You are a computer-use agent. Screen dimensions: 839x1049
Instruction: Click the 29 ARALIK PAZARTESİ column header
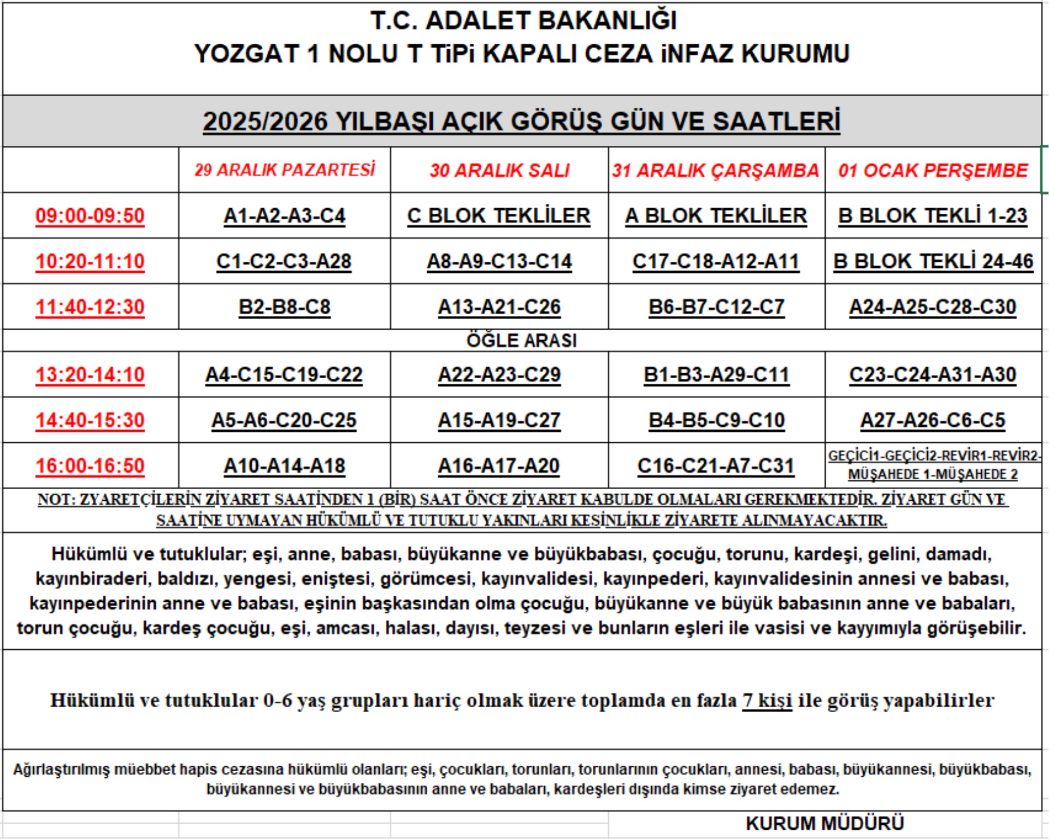(285, 170)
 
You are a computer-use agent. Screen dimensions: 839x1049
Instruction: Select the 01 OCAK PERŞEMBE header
(933, 170)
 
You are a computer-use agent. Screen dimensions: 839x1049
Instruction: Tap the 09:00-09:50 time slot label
(90, 215)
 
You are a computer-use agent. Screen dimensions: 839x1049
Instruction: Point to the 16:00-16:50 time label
(90, 466)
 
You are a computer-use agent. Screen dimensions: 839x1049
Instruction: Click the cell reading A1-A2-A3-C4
(285, 215)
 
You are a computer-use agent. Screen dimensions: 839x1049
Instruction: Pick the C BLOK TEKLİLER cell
(499, 215)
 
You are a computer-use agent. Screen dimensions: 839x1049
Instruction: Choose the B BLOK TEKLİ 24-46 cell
(933, 261)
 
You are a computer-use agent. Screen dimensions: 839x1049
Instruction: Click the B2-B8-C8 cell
(285, 307)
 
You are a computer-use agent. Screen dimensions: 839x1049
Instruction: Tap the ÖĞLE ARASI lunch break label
(521, 341)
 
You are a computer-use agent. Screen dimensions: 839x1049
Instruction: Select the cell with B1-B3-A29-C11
(716, 374)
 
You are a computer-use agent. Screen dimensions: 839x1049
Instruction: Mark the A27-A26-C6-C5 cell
(933, 420)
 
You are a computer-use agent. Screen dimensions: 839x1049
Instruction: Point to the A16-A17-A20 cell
(499, 466)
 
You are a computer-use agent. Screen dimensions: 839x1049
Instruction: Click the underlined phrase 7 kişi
(767, 700)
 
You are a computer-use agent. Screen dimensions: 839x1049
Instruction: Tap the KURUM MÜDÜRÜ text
(825, 823)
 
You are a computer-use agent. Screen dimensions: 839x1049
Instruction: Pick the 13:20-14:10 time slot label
(90, 374)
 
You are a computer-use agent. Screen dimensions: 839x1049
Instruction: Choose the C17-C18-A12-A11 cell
(716, 261)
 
